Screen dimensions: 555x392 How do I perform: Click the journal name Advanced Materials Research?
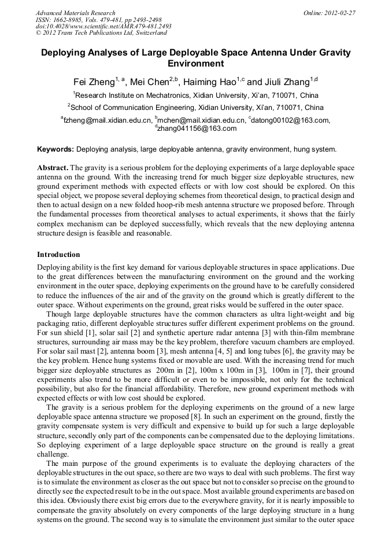(75, 13)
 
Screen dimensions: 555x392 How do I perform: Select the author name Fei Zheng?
(94, 82)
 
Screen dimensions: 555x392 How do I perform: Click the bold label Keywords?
(56, 149)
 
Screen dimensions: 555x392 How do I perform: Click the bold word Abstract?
(53, 167)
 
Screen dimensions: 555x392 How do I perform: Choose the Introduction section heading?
(58, 255)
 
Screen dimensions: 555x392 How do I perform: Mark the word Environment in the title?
(195, 64)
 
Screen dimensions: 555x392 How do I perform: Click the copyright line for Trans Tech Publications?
(101, 33)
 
